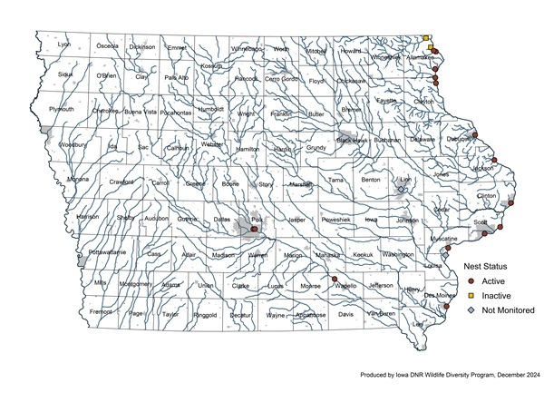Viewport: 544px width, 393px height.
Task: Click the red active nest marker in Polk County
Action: [x=254, y=230]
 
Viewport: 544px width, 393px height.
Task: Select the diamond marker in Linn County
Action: [x=402, y=191]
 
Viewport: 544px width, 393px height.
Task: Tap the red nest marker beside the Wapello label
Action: [x=335, y=280]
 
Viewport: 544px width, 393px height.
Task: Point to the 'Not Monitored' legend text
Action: [x=508, y=310]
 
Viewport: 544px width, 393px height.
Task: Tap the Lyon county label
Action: [x=63, y=44]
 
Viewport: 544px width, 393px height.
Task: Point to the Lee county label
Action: [x=418, y=324]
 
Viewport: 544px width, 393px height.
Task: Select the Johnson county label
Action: [x=408, y=221]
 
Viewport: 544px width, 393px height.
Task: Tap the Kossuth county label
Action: [x=211, y=66]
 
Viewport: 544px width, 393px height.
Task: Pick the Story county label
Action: [x=265, y=184]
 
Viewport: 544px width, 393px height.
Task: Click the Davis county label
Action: [x=345, y=314]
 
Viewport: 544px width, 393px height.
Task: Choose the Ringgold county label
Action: [x=205, y=315]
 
